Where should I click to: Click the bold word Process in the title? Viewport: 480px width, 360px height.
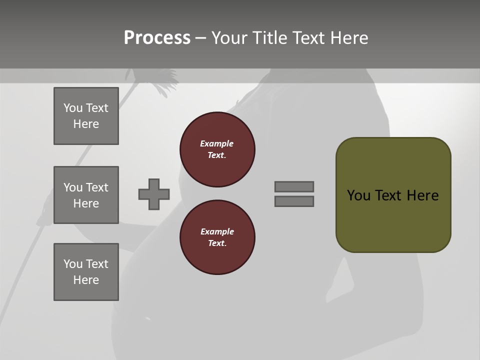click(157, 38)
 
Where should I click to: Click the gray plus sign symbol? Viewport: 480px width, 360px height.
click(154, 194)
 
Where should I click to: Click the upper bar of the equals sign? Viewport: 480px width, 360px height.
click(294, 186)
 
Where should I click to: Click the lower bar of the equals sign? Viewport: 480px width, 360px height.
click(294, 201)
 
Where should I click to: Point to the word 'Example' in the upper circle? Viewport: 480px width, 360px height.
click(217, 143)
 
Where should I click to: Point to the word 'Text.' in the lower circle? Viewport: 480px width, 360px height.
click(217, 243)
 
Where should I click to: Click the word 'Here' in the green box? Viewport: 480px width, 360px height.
click(422, 195)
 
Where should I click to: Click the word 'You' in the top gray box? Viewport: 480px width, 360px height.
click(73, 108)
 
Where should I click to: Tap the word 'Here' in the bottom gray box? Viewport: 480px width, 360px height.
click(86, 280)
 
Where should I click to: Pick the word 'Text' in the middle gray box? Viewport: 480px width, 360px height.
click(97, 187)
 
